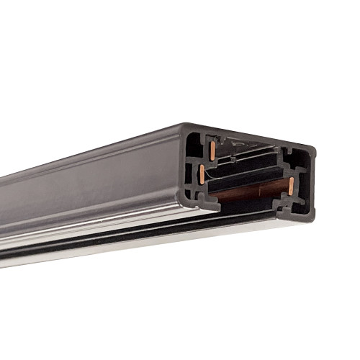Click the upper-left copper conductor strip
point(213,150)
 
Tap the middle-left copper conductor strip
point(202,173)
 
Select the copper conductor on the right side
point(290,186)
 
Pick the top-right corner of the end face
point(313,150)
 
